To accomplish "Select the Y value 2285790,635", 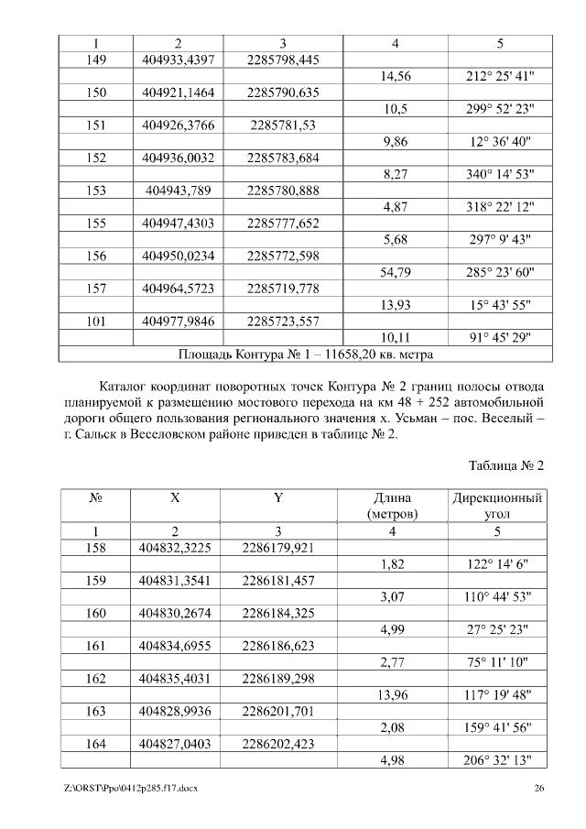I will tap(283, 93).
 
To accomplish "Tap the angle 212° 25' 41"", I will tap(500, 77).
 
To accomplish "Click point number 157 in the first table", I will tap(96, 289).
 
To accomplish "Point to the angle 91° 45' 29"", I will tap(500, 337).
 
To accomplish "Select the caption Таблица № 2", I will tap(506, 465).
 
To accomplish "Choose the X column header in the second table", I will tap(175, 498).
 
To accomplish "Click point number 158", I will tap(96, 549).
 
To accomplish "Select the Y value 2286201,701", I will tap(278, 711).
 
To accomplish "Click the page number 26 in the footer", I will tap(539, 788).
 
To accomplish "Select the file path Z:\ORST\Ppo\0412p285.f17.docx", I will tap(131, 788).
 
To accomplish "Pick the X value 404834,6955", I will tap(176, 646).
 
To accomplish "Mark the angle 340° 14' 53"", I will tap(500, 174).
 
